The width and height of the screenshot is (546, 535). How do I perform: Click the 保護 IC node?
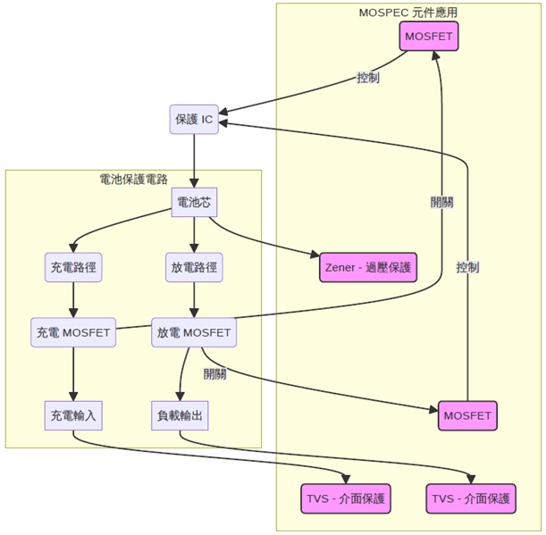point(194,119)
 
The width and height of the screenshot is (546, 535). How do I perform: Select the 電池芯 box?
point(194,203)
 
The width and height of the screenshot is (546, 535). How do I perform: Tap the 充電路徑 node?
point(73,266)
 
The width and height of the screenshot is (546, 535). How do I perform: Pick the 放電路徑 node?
point(194,266)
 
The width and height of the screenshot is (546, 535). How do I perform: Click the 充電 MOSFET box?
point(73,332)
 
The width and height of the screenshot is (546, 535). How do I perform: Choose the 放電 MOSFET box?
point(194,332)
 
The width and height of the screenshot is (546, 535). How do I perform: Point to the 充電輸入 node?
point(73,415)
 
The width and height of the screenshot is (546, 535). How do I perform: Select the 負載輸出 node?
point(181,415)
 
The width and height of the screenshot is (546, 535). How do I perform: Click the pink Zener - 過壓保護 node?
point(368,266)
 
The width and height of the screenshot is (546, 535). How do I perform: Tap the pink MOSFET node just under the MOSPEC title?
point(429,37)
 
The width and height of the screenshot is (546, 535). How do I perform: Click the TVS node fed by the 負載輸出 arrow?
point(472,497)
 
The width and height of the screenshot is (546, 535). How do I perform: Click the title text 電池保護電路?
point(134,180)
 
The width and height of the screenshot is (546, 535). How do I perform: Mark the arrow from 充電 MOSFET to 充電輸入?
point(73,373)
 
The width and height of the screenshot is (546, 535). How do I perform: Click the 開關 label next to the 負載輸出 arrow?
point(214,373)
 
